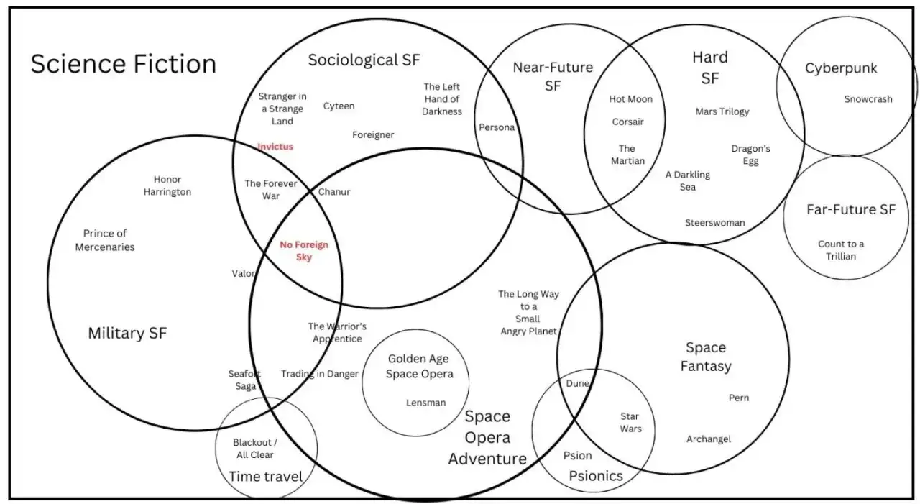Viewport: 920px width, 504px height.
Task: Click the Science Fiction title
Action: point(123,64)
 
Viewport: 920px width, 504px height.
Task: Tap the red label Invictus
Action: point(275,147)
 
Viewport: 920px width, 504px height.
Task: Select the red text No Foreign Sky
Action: point(304,251)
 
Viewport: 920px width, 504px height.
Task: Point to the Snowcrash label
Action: point(868,99)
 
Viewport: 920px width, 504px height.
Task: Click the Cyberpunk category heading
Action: point(841,68)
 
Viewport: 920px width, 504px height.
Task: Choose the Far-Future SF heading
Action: point(851,210)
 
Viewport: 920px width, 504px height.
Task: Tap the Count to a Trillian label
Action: point(841,249)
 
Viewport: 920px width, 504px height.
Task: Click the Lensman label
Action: point(425,403)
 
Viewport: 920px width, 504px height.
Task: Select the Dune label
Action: point(577,383)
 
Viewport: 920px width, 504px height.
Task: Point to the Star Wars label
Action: point(630,423)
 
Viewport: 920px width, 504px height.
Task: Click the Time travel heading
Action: point(266,476)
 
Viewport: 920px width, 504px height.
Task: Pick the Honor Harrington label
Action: point(167,185)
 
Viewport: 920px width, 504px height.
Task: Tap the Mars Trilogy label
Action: point(722,111)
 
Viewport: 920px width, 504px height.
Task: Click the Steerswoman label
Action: point(714,222)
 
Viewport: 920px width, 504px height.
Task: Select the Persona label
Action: point(497,127)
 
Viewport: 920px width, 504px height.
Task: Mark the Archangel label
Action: point(709,439)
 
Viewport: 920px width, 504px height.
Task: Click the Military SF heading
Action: point(127,333)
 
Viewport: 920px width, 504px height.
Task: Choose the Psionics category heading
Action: point(596,476)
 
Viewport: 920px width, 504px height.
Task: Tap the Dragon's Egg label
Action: point(750,155)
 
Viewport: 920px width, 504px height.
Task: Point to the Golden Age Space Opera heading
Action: point(420,366)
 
